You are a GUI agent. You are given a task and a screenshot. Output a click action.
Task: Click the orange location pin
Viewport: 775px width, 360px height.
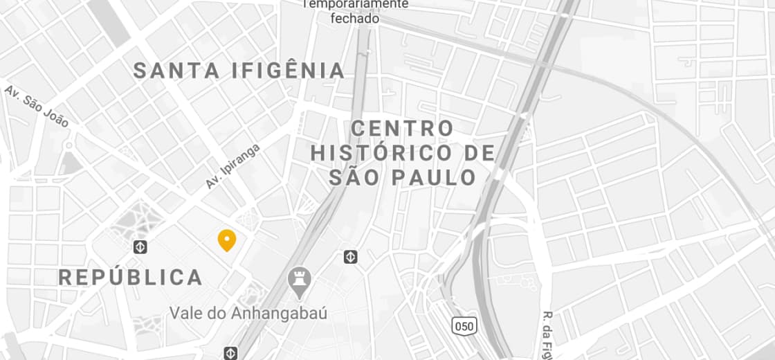(x=227, y=240)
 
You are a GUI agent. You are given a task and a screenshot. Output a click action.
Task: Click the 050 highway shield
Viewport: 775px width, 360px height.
(x=464, y=325)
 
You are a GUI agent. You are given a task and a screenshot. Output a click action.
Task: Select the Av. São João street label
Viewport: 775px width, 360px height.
(x=37, y=106)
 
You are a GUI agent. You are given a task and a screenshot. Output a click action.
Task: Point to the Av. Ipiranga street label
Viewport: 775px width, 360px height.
(x=232, y=166)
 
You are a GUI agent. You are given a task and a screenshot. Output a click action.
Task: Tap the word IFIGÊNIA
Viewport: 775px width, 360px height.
(x=289, y=71)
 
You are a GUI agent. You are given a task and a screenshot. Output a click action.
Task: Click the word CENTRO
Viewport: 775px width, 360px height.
(x=403, y=129)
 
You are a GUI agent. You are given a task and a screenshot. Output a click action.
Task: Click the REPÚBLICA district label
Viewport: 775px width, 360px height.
(x=131, y=278)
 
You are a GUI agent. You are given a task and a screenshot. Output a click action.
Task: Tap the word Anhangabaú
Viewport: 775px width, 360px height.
(x=280, y=313)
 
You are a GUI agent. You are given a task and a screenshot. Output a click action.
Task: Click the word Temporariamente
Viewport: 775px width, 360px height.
(x=356, y=4)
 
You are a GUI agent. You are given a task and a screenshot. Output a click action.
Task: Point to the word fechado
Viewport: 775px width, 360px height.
(x=355, y=19)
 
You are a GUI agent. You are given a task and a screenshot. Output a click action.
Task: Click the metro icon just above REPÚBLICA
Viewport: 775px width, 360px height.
(x=140, y=247)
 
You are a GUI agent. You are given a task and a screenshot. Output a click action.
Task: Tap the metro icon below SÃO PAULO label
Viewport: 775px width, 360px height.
(x=351, y=258)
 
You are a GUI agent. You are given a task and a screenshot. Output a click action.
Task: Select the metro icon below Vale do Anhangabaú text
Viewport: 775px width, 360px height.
(x=230, y=352)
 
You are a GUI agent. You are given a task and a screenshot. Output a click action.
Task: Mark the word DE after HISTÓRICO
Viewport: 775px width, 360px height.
(x=479, y=153)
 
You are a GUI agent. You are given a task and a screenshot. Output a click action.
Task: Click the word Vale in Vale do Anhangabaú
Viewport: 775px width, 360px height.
(x=187, y=313)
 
